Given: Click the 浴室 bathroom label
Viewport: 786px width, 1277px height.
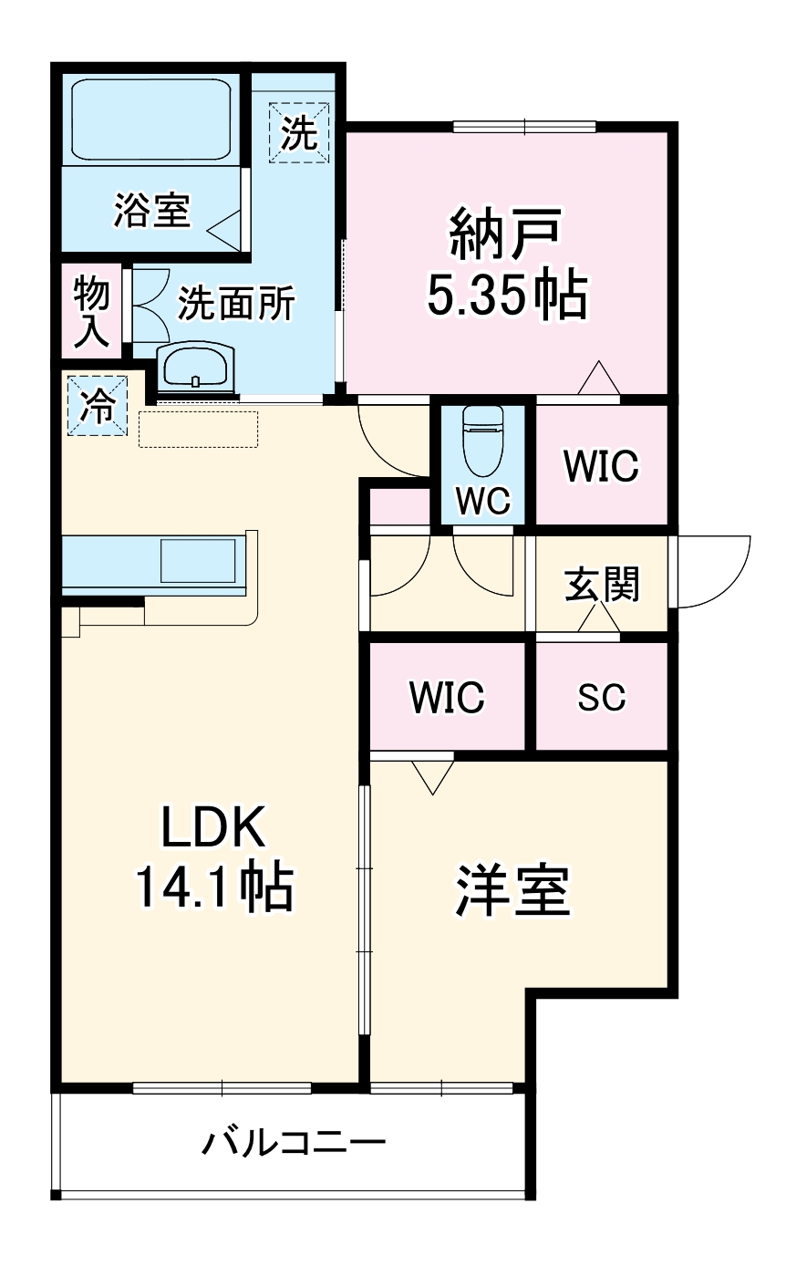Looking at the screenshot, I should [151, 211].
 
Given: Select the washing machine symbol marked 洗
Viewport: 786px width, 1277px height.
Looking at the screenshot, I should [298, 133].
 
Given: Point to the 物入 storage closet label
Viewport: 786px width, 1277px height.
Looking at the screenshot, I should [91, 312].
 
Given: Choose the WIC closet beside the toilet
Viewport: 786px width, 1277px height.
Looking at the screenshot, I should [601, 465].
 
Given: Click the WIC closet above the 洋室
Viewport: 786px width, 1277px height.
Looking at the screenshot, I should [447, 697].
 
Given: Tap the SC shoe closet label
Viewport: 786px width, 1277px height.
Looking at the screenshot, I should [602, 697].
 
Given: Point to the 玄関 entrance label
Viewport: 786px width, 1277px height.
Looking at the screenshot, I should [602, 584].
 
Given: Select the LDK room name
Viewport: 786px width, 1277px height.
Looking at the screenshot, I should [213, 828].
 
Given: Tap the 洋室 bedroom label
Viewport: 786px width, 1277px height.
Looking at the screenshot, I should [512, 890].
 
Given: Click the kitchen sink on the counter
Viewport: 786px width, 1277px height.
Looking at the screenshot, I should [199, 560].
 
